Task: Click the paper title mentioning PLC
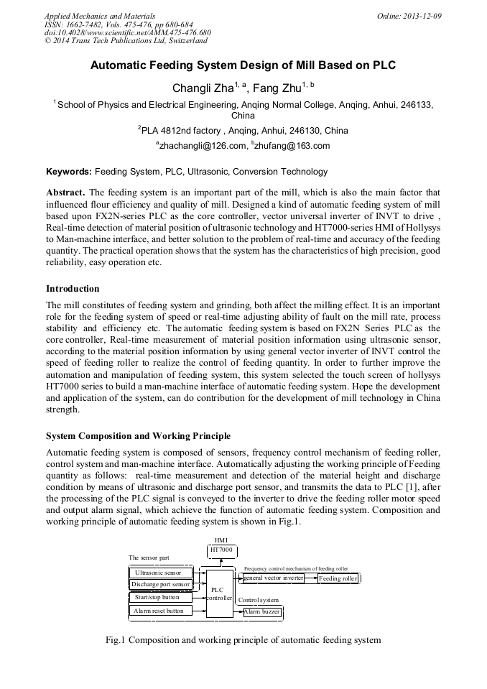[x=243, y=65]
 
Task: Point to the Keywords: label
[x=69, y=172]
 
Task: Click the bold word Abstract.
[x=65, y=193]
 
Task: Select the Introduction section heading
[x=73, y=289]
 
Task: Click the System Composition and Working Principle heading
[x=138, y=436]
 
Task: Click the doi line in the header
[x=128, y=33]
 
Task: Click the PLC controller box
[x=219, y=592]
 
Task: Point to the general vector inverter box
[x=273, y=578]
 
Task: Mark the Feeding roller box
[x=338, y=578]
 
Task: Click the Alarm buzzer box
[x=262, y=611]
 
